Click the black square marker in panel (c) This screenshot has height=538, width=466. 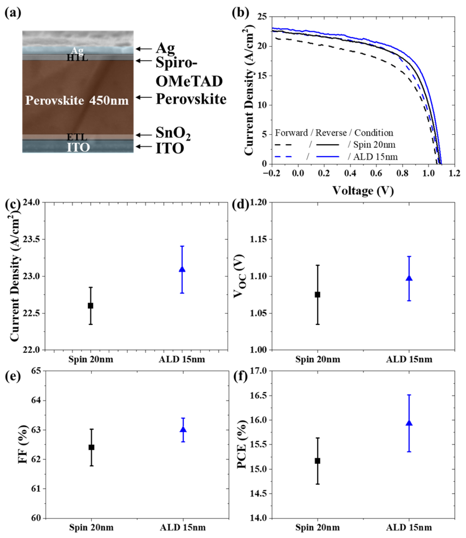coord(90,306)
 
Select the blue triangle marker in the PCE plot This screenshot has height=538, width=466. coord(409,424)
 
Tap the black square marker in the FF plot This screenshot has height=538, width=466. coord(91,447)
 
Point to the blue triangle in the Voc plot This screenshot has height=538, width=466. coord(409,278)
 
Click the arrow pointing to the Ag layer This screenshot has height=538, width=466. coord(144,49)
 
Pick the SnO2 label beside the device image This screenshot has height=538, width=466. coord(173,134)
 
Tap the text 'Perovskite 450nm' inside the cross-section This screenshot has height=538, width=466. coord(77,101)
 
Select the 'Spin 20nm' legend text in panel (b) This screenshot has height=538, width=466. coord(374,144)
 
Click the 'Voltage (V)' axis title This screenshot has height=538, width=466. coord(363,191)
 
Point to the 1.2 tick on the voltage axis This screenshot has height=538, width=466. coord(455,173)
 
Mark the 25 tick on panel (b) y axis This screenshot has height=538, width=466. coord(262,17)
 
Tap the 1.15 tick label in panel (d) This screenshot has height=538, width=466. coord(258,239)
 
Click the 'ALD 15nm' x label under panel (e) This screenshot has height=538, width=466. coord(183,527)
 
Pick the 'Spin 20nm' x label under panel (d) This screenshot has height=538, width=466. coord(318,359)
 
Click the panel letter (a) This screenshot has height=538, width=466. coord(13,13)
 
